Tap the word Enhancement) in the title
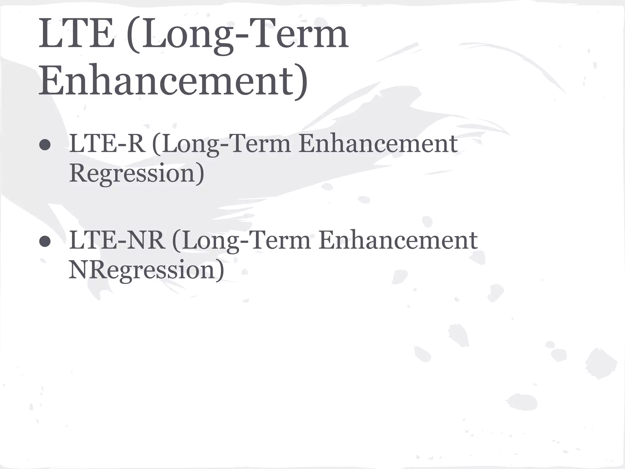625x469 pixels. (173, 80)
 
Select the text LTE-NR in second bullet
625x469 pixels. (117, 240)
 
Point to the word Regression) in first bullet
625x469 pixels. (136, 173)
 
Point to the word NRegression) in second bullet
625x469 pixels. (146, 270)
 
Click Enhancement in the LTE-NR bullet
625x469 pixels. (398, 240)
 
